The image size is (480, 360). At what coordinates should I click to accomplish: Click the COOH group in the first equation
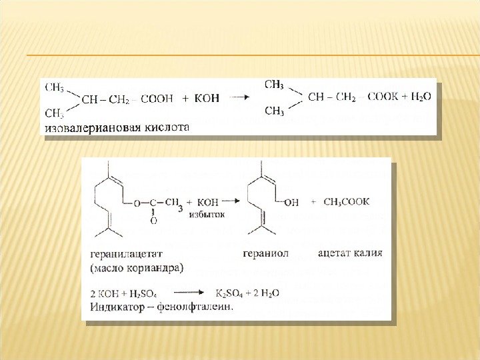point(158,98)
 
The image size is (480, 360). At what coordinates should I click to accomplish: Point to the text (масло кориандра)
point(135,268)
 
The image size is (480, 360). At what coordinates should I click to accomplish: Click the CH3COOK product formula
point(346,201)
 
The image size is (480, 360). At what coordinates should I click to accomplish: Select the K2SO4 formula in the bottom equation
point(231,293)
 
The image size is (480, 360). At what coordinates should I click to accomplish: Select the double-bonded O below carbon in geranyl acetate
point(153,219)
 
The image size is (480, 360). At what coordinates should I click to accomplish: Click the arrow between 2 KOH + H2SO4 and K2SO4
point(189,293)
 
